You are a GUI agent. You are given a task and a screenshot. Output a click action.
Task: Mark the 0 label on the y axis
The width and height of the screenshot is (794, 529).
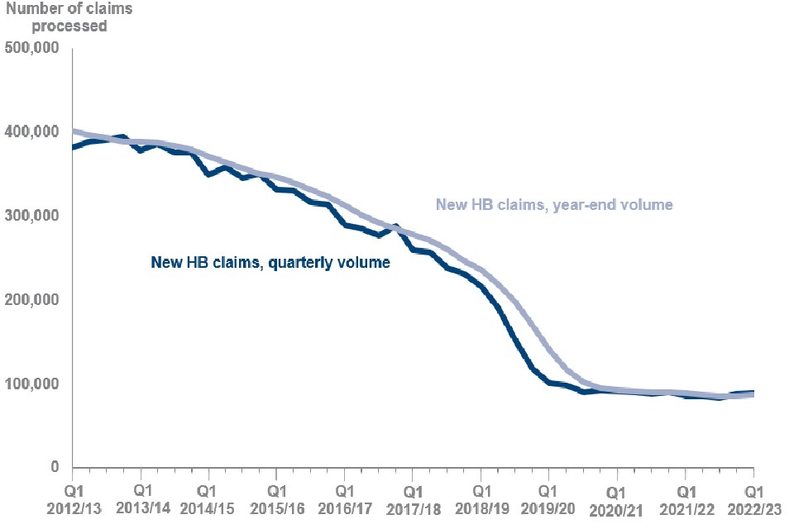(55, 468)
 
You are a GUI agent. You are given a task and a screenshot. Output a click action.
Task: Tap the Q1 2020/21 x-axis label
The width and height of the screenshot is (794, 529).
(616, 495)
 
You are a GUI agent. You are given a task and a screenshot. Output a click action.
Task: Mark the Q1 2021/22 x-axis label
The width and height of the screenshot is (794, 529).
(685, 495)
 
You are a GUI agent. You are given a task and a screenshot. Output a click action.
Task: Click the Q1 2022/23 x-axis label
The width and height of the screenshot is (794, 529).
(753, 495)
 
